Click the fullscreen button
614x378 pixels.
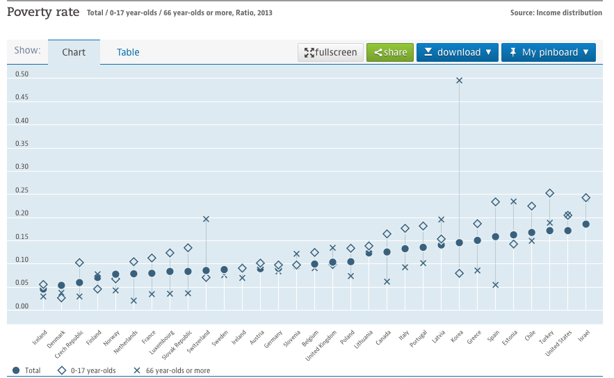pyautogui.click(x=331, y=52)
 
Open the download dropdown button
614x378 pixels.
pyautogui.click(x=458, y=52)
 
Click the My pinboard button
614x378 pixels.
pyautogui.click(x=549, y=52)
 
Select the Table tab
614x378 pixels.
pyautogui.click(x=128, y=52)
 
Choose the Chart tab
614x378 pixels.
pyautogui.click(x=74, y=52)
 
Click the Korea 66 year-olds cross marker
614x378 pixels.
pyautogui.click(x=459, y=80)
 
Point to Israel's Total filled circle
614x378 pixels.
pyautogui.click(x=586, y=224)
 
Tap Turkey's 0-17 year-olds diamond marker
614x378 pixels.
pyautogui.click(x=549, y=193)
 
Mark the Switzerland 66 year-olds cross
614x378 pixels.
pyautogui.click(x=206, y=219)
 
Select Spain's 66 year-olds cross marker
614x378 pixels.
pyautogui.click(x=496, y=284)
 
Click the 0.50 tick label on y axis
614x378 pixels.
pyautogui.click(x=22, y=74)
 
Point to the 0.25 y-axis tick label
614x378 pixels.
pyautogui.click(x=22, y=190)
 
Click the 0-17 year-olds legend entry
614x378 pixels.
pyautogui.click(x=90, y=370)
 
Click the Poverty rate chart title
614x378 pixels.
pyautogui.click(x=43, y=12)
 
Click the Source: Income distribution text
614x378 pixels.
pyautogui.click(x=556, y=13)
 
